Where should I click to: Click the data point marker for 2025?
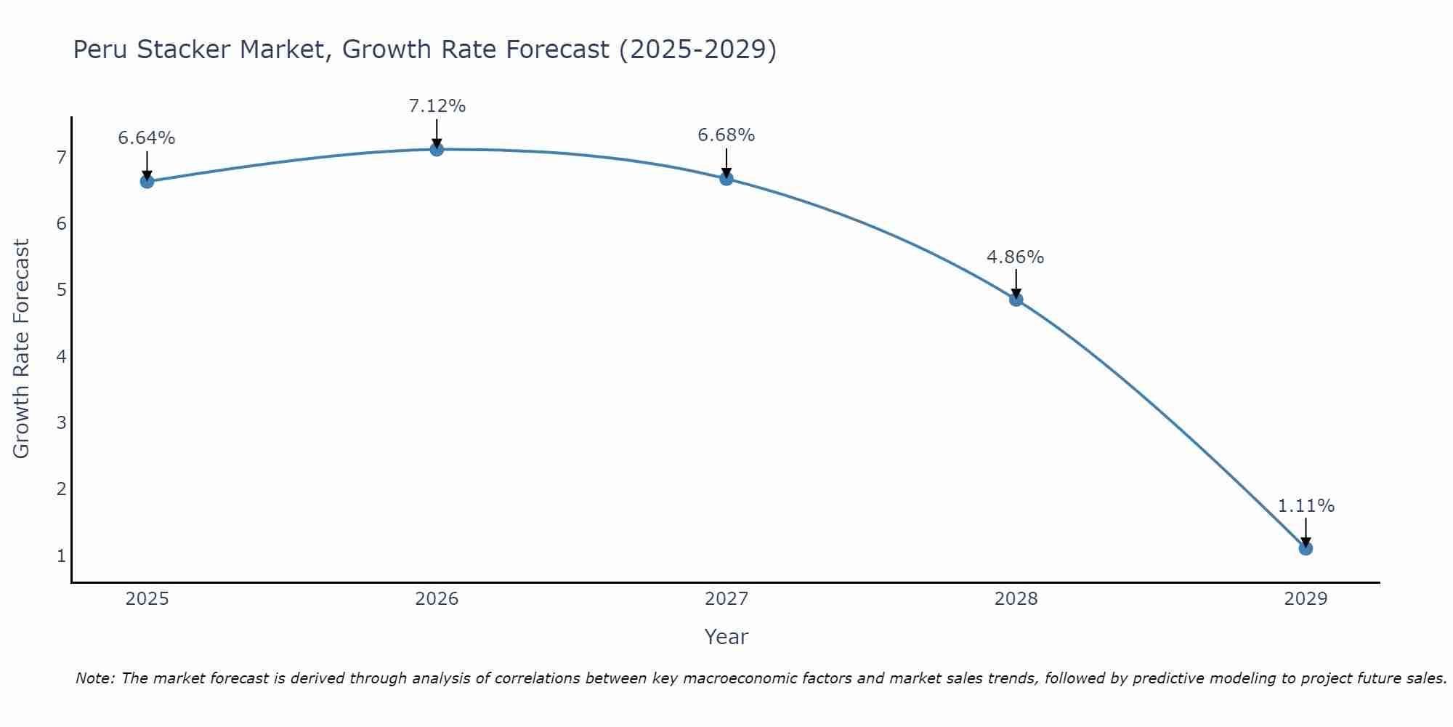[x=147, y=181]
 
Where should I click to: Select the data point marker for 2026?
[x=437, y=149]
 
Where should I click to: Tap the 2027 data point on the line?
[x=726, y=178]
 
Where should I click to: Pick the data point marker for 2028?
[x=1016, y=299]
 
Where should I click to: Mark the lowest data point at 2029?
[x=1306, y=548]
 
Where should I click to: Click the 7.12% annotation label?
[x=437, y=106]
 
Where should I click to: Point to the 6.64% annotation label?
[x=147, y=138]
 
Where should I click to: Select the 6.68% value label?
[x=726, y=135]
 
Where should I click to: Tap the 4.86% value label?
[x=1016, y=257]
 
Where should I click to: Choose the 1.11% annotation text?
[x=1306, y=506]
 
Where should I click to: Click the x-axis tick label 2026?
[x=437, y=599]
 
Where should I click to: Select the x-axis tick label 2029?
[x=1306, y=599]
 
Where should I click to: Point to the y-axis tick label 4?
[x=61, y=356]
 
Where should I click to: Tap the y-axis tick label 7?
[x=61, y=158]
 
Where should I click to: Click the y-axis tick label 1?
[x=61, y=556]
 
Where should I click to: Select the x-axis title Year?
[x=726, y=637]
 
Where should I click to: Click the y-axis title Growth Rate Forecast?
[x=22, y=349]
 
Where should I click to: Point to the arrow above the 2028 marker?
[x=1016, y=282]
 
